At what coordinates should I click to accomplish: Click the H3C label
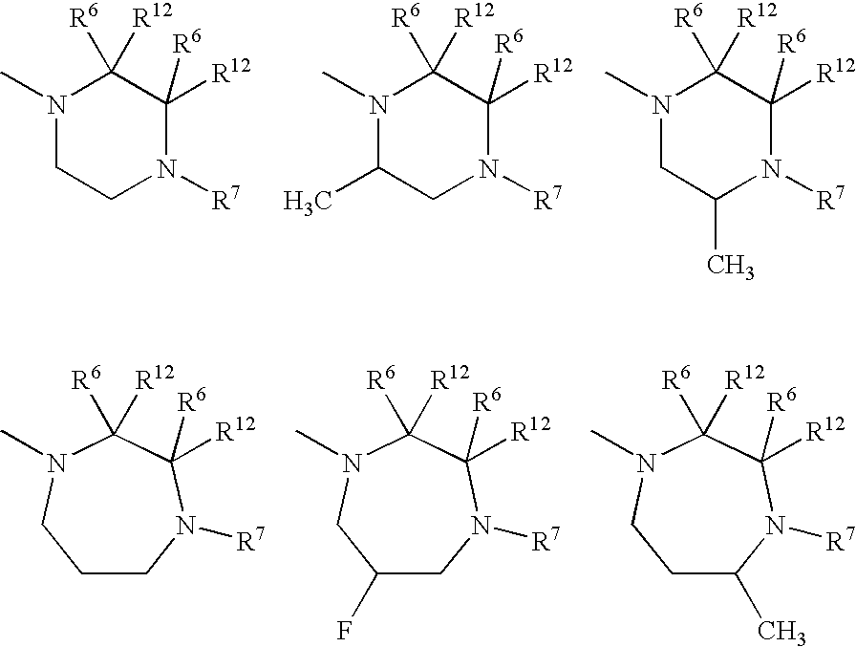click(x=307, y=201)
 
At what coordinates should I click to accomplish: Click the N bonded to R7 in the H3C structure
click(x=488, y=170)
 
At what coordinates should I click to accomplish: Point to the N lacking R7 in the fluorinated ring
click(x=352, y=464)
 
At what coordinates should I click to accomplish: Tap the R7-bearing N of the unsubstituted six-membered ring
click(x=167, y=170)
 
